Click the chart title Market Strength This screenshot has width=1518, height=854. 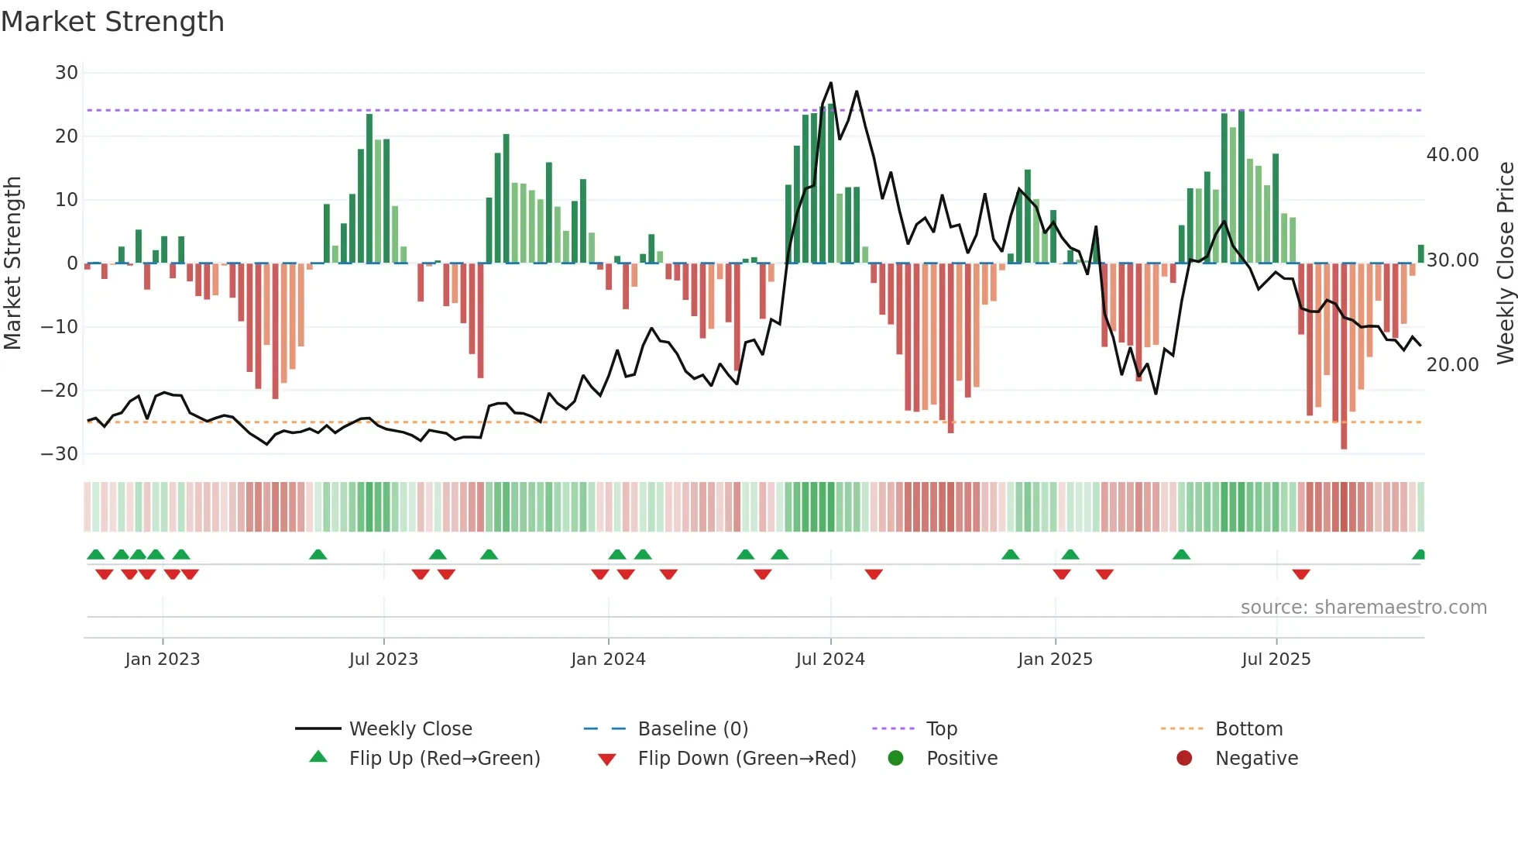point(112,22)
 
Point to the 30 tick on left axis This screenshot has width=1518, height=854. point(67,73)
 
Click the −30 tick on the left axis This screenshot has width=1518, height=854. point(60,454)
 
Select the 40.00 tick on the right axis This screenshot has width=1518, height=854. point(1452,155)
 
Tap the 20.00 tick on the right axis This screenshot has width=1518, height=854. point(1452,365)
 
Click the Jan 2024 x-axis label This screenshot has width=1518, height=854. point(608,659)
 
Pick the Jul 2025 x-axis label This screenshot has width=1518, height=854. point(1276,659)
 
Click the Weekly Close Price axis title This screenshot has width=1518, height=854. point(1505,263)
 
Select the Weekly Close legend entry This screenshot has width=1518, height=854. point(410,729)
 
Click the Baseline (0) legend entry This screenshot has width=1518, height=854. point(692,729)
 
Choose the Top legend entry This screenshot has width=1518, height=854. point(941,729)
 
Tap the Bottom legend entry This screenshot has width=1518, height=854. point(1248,729)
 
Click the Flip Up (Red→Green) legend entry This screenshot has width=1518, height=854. point(444,759)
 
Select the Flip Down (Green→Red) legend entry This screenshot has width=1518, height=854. point(747,759)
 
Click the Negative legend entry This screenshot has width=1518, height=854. point(1255,759)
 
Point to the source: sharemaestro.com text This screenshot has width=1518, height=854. point(1363,608)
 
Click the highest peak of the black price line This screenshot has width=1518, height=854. point(831,83)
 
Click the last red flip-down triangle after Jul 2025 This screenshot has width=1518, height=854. point(1301,574)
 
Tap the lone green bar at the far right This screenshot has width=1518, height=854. point(1421,253)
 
